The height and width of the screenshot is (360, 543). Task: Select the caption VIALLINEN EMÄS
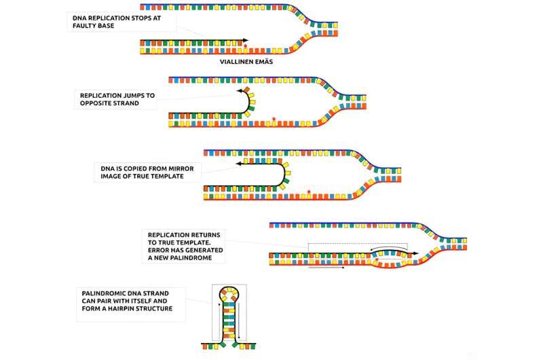[246, 62]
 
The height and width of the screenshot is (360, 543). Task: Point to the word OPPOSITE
[94, 103]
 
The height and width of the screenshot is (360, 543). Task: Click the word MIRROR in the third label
[181, 168]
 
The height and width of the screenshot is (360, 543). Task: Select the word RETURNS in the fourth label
[205, 235]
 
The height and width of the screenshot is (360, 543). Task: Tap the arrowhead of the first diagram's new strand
[246, 41]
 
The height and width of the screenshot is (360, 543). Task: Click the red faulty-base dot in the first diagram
[246, 46]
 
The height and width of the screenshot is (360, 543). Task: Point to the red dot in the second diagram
[274, 119]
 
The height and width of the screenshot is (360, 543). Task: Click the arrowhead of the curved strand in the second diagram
[240, 91]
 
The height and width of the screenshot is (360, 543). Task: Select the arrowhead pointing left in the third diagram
[239, 164]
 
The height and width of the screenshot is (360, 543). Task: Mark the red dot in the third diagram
[309, 192]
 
